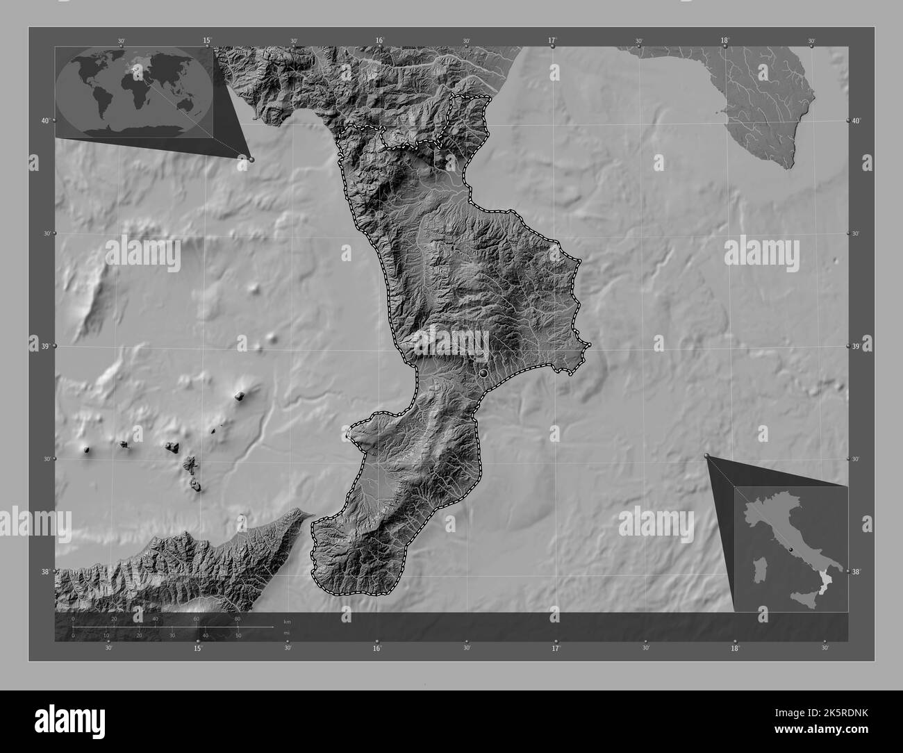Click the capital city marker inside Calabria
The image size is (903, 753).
(x=483, y=374)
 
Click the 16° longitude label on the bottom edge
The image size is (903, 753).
(x=376, y=649)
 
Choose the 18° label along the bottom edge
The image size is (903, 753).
(x=735, y=649)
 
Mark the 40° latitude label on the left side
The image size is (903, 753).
(x=44, y=121)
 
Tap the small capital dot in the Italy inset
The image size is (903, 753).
(x=790, y=549)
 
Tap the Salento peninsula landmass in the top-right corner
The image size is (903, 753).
(x=764, y=104)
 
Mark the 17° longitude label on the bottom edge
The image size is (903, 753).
(x=556, y=649)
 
